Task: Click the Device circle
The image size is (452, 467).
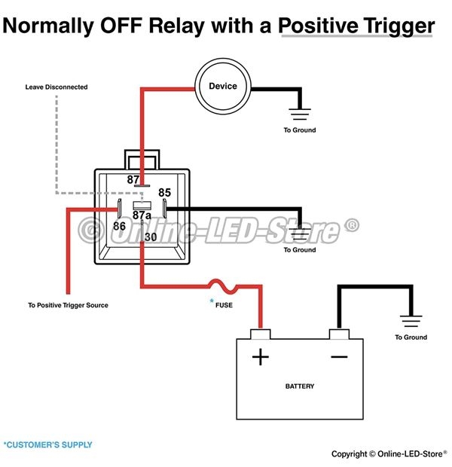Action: (x=223, y=87)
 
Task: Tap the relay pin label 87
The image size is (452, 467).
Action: (x=134, y=179)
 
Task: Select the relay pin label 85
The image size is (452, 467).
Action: (x=165, y=193)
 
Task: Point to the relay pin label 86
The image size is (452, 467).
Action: (x=119, y=225)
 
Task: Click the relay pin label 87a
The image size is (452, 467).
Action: (x=142, y=215)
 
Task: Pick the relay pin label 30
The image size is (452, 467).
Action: (x=151, y=237)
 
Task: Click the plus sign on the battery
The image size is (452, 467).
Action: (x=260, y=356)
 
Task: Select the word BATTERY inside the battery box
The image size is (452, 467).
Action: (x=300, y=386)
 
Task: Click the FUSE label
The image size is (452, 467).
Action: (x=224, y=306)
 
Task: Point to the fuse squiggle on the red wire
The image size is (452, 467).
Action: (x=224, y=286)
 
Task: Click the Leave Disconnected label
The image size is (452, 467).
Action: (x=56, y=87)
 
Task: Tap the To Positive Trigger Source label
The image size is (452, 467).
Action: (x=68, y=305)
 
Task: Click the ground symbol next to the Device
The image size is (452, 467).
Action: (x=300, y=114)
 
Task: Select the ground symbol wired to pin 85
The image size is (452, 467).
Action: (x=300, y=235)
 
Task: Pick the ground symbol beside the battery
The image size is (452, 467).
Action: (x=411, y=322)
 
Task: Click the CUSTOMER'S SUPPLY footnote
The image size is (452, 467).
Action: (x=48, y=444)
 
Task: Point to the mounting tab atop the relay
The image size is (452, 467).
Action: (x=143, y=159)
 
